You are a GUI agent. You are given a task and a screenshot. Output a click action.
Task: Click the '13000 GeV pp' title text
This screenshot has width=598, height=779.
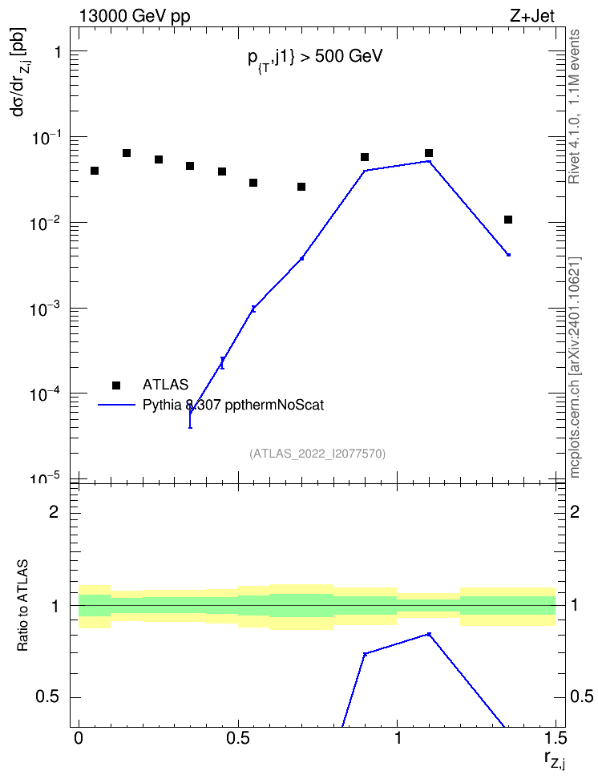tap(135, 16)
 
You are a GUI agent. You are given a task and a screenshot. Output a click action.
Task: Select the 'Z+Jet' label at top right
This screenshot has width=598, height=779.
tap(532, 16)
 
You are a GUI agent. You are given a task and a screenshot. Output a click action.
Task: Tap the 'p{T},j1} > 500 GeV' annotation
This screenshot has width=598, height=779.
tap(315, 59)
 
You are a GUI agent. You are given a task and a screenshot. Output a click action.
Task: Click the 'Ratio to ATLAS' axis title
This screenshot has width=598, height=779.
tap(22, 605)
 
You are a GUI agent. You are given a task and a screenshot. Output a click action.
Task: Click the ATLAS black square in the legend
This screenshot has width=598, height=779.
tap(116, 385)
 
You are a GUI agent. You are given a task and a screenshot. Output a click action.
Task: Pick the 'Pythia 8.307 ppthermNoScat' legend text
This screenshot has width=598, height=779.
tap(233, 405)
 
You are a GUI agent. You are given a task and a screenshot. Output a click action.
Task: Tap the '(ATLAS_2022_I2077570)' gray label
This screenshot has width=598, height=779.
tap(317, 453)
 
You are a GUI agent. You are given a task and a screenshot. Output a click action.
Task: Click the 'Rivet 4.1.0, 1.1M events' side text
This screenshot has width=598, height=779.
tap(574, 107)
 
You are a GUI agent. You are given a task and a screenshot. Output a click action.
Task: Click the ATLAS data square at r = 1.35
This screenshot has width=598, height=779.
tap(508, 220)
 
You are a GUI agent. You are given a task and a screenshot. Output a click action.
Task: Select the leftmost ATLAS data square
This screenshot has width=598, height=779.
tap(95, 171)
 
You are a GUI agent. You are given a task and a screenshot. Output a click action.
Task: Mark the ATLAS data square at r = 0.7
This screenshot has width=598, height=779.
tap(301, 187)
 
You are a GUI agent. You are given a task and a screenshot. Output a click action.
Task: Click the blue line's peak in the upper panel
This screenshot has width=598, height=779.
tap(429, 161)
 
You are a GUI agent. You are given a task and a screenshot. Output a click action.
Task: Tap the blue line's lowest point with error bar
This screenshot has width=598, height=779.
tap(191, 413)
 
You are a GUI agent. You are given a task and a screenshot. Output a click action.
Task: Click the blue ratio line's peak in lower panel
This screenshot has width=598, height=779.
tap(429, 634)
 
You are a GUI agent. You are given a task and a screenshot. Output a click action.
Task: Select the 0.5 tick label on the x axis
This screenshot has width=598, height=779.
tap(238, 738)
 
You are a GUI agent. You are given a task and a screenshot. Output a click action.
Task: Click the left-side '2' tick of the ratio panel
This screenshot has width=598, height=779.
tap(54, 511)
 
